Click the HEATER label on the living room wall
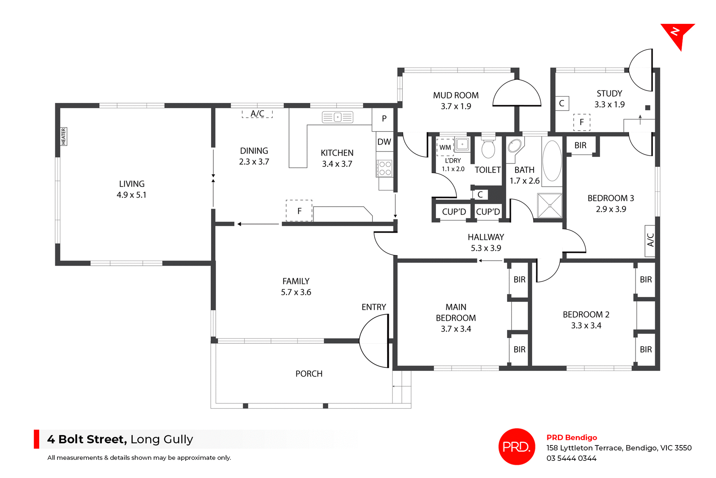tap(63, 137)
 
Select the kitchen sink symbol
tap(337, 117)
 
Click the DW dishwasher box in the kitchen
tap(384, 142)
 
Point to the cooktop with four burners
tap(385, 168)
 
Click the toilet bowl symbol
tap(488, 148)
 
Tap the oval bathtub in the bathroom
tap(552, 161)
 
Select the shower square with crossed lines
tap(550, 206)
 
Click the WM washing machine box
tap(445, 147)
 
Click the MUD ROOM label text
tap(456, 96)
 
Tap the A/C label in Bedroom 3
tap(650, 240)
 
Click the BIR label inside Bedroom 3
tap(580, 146)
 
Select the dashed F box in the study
tap(581, 122)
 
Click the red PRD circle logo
tap(516, 447)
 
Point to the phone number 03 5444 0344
tap(571, 458)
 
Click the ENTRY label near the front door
tap(373, 307)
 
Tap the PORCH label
tap(309, 374)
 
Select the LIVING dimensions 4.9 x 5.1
tap(131, 195)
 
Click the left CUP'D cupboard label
tap(454, 212)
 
